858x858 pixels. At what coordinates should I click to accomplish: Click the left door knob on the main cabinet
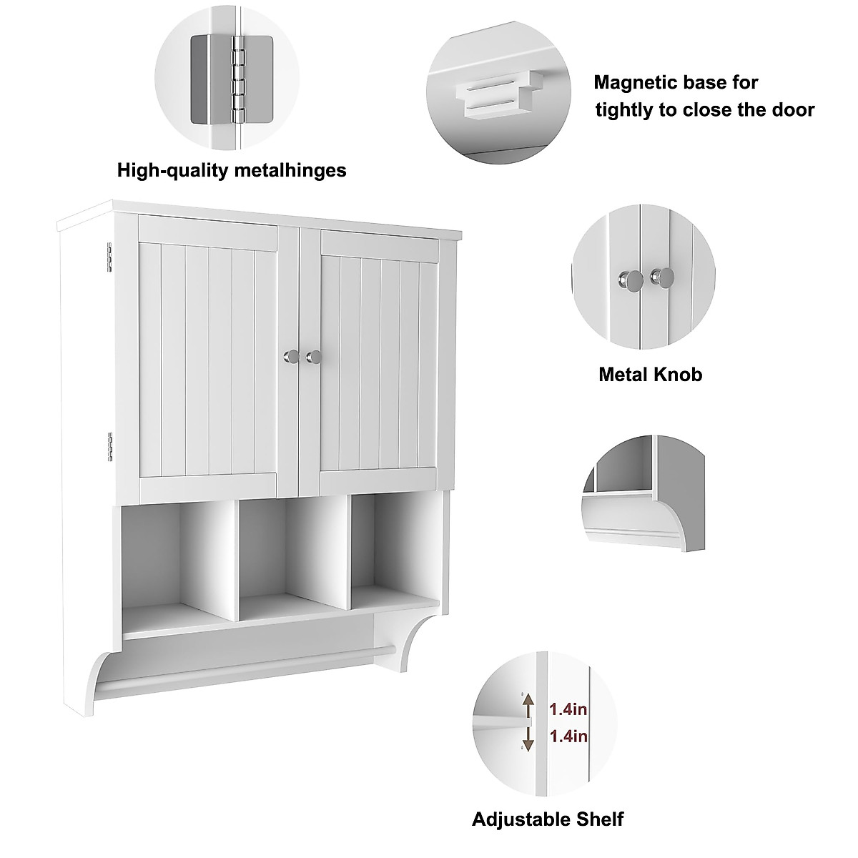coord(289,355)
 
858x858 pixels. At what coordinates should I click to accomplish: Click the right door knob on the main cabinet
coord(312,355)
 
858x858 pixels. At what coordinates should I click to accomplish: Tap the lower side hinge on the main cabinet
coord(111,445)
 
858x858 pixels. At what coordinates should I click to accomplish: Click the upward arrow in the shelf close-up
coord(528,707)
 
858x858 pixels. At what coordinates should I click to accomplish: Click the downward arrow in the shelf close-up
coord(528,739)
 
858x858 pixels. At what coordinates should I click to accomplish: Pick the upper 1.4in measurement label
coord(568,709)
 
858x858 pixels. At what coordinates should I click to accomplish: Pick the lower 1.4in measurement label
coord(568,736)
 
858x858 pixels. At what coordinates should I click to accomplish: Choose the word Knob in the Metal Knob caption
coord(679,374)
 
